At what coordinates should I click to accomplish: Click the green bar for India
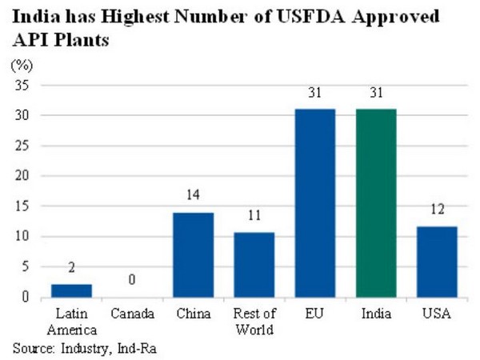(x=376, y=203)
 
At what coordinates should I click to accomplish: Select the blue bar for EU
(x=315, y=203)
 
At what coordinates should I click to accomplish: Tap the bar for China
(x=193, y=254)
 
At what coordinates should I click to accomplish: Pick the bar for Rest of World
(x=254, y=265)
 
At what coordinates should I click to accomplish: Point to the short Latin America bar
(x=70, y=290)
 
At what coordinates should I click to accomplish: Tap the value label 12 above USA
(x=438, y=212)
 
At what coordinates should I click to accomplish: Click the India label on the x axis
(x=376, y=314)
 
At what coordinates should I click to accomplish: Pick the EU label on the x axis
(x=315, y=314)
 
